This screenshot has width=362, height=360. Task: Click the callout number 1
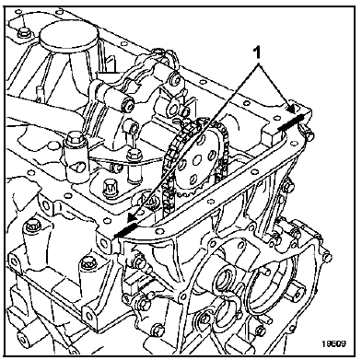[258, 52]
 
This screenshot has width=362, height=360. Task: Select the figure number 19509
[333, 343]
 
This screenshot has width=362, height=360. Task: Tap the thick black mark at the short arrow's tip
[291, 122]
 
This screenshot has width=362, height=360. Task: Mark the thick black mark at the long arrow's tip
[125, 231]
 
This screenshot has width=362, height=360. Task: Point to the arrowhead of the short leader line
[291, 107]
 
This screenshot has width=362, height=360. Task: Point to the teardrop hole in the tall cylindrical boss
[76, 167]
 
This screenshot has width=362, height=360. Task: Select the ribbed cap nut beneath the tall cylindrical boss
[110, 186]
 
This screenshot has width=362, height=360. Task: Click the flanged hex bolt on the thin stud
[134, 154]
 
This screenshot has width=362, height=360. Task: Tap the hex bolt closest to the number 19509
[260, 331]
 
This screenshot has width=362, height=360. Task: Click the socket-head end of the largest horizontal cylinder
[128, 104]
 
